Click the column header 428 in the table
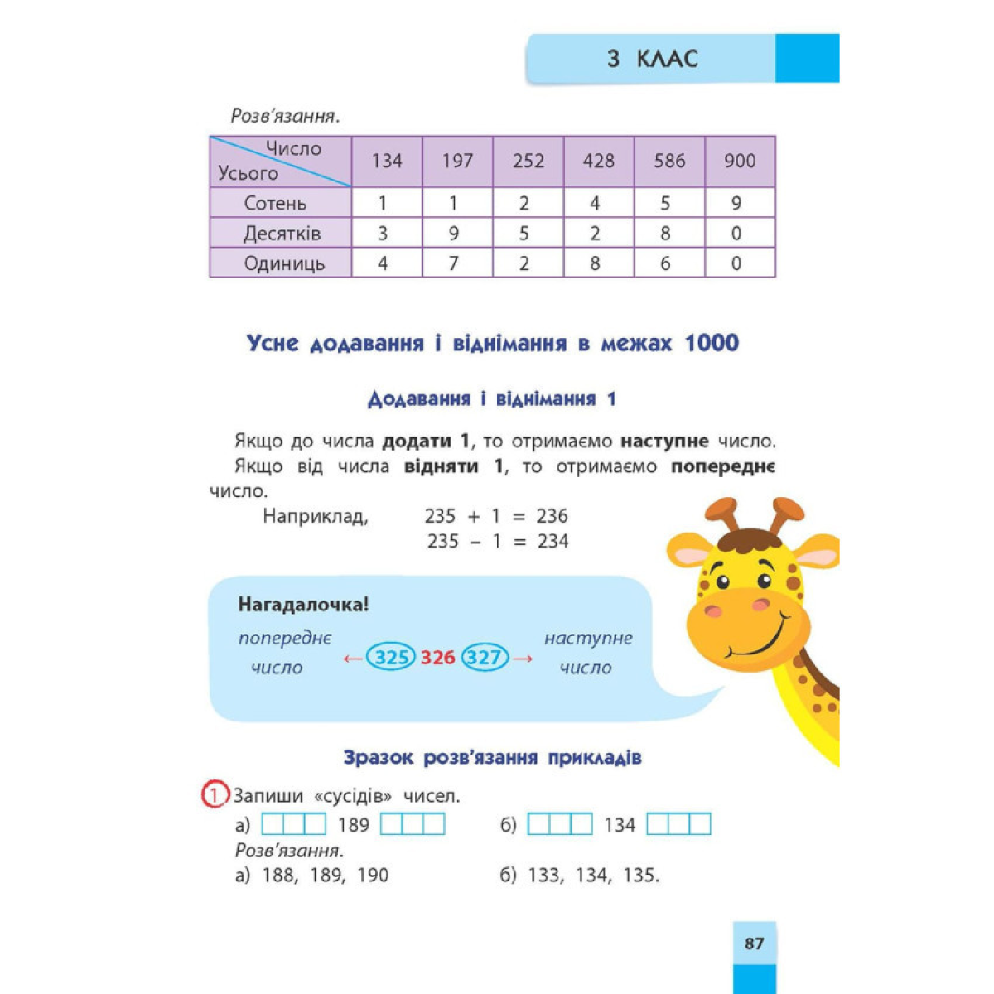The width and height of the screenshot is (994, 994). point(598,161)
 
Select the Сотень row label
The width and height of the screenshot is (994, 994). point(275,203)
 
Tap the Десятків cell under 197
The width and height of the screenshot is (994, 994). point(454,234)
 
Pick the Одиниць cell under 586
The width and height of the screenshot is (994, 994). point(665,263)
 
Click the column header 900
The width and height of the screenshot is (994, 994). point(740,161)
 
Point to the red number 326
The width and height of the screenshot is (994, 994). point(437,658)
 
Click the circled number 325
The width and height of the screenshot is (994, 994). point(391,658)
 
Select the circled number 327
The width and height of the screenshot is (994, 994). point(485,658)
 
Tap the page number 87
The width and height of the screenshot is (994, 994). point(754,943)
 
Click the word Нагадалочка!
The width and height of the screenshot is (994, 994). point(303,605)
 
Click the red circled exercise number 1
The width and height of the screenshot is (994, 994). point(214,796)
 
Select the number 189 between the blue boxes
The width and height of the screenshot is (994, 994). point(354,825)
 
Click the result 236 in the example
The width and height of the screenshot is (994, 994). point(552,516)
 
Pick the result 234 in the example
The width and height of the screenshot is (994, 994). point(552,542)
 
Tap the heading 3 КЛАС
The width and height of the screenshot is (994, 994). point(652,59)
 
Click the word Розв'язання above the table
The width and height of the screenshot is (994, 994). point(285,116)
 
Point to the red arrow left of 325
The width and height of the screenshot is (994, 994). point(353,659)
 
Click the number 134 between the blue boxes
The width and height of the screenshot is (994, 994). point(620,825)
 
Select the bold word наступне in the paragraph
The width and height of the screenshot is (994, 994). point(665,442)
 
